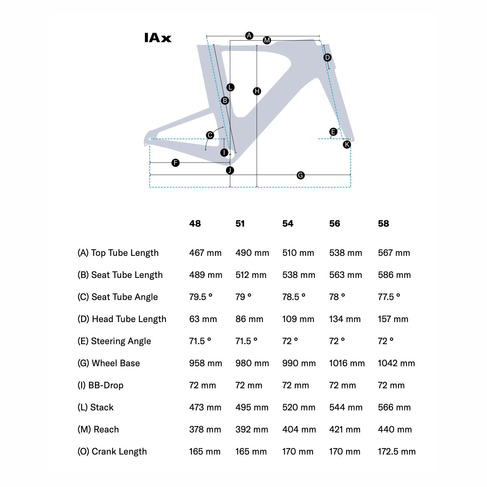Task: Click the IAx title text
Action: click(157, 38)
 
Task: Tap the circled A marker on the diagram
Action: click(249, 35)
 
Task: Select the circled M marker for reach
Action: click(267, 40)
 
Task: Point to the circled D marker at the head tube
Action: click(327, 57)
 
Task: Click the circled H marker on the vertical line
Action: click(257, 91)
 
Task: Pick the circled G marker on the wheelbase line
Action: click(301, 175)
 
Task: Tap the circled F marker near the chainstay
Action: click(175, 163)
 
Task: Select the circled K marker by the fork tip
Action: click(347, 144)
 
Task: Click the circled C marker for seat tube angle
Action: click(210, 135)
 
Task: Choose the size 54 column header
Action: click(288, 223)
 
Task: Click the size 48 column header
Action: click(195, 223)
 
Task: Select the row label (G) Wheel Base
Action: click(108, 363)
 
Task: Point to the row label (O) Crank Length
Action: click(112, 451)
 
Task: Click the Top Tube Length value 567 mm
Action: click(394, 253)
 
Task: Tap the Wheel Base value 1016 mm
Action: click(347, 363)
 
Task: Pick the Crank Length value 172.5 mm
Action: click(396, 451)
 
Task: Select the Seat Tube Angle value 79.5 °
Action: click(201, 297)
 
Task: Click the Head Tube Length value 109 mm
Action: click(298, 319)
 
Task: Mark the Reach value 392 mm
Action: click(252, 429)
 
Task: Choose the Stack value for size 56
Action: click(345, 407)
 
